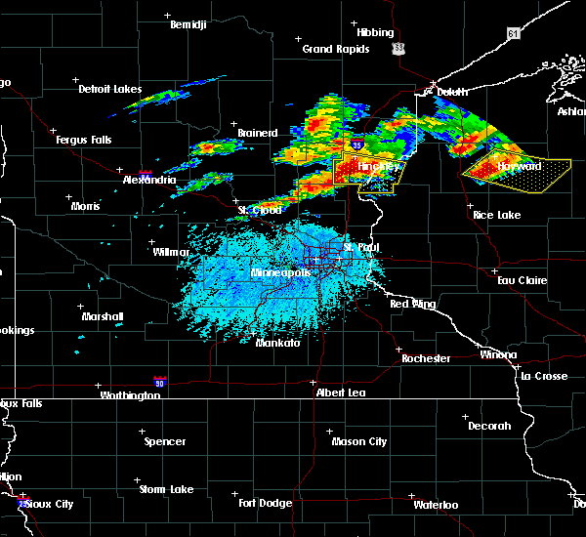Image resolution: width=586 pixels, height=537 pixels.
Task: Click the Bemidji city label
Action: pyautogui.click(x=188, y=24)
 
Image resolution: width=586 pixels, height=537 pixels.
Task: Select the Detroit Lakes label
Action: pyautogui.click(x=109, y=89)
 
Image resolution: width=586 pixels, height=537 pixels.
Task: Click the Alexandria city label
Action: pyautogui.click(x=150, y=181)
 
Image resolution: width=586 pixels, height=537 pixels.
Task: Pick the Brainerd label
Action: pyautogui.click(x=258, y=133)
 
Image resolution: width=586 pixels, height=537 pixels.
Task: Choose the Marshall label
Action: pyautogui.click(x=103, y=316)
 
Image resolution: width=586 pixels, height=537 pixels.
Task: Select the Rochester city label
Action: pyautogui.click(x=426, y=358)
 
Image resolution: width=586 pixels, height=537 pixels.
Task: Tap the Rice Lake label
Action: pyautogui.click(x=496, y=215)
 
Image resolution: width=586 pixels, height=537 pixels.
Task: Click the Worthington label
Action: pyautogui.click(x=129, y=395)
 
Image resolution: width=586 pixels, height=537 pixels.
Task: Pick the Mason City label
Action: pyautogui.click(x=359, y=441)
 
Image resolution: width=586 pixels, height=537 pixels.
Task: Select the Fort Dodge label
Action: pyautogui.click(x=267, y=503)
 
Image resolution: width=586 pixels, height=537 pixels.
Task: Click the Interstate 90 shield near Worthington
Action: pyautogui.click(x=158, y=382)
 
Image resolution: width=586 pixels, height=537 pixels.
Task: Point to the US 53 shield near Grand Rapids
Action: pyautogui.click(x=397, y=47)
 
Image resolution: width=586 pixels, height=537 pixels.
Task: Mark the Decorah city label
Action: pyautogui.click(x=488, y=426)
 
